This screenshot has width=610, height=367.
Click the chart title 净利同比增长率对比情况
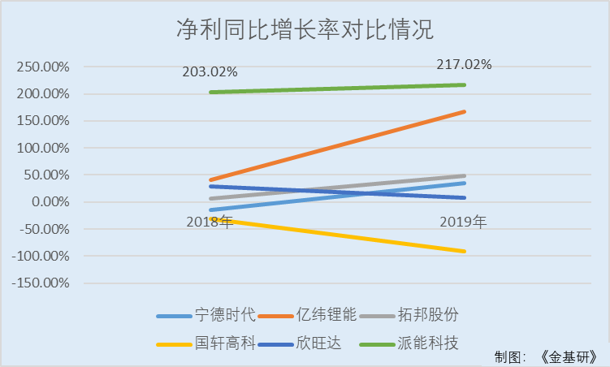tap(305, 31)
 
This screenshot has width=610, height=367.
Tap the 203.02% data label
tap(210, 71)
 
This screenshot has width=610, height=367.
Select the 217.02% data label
tap(465, 64)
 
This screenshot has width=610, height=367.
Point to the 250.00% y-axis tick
tap(43, 67)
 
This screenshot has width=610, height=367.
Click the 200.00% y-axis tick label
tap(43, 94)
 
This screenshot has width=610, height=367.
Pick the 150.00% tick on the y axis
tap(43, 121)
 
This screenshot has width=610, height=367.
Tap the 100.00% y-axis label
tap(43, 149)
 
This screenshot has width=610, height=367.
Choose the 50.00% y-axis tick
tap(46, 175)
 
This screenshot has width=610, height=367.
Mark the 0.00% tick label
tap(50, 202)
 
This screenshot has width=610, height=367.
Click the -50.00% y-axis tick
tap(45, 230)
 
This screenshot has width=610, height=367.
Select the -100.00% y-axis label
tap(41, 257)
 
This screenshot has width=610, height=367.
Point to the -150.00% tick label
tap(41, 283)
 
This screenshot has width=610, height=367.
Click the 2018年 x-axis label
tap(210, 222)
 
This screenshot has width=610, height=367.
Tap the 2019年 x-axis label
tap(464, 221)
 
